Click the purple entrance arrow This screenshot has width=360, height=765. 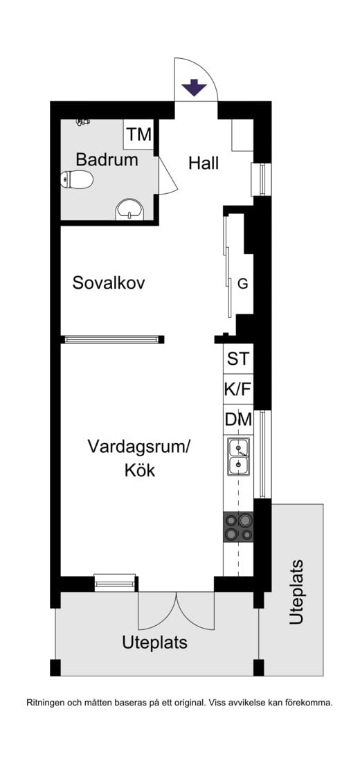(x=194, y=88)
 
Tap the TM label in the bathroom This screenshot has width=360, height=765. (x=138, y=134)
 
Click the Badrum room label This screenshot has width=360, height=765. (x=107, y=160)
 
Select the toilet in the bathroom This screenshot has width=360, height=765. (x=78, y=181)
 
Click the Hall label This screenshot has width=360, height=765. (x=204, y=163)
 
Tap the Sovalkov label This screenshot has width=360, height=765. (x=109, y=283)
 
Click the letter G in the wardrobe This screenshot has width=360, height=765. (x=242, y=283)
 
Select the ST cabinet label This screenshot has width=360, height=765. (x=237, y=359)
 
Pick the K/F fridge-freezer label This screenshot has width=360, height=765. (x=237, y=390)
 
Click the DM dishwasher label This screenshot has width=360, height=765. (x=237, y=420)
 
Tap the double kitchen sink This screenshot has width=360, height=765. (x=238, y=456)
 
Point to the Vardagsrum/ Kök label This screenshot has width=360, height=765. (x=138, y=458)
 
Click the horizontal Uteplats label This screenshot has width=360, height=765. (x=154, y=642)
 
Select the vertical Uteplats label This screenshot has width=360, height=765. (x=296, y=593)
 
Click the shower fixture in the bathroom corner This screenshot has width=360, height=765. (x=83, y=123)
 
